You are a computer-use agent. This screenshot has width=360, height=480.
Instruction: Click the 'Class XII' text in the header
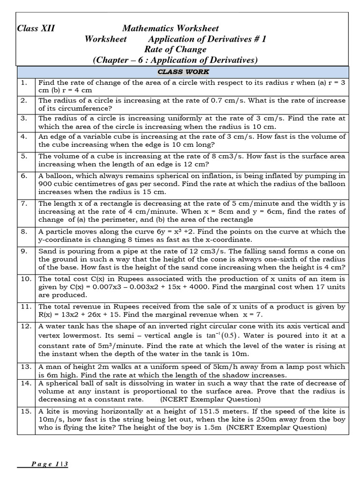(x=36, y=29)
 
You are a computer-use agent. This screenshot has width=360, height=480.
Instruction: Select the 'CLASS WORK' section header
(x=183, y=72)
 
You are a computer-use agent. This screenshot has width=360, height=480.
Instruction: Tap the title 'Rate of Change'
(x=175, y=49)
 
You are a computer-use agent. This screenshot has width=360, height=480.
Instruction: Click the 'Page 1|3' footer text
(x=51, y=464)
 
